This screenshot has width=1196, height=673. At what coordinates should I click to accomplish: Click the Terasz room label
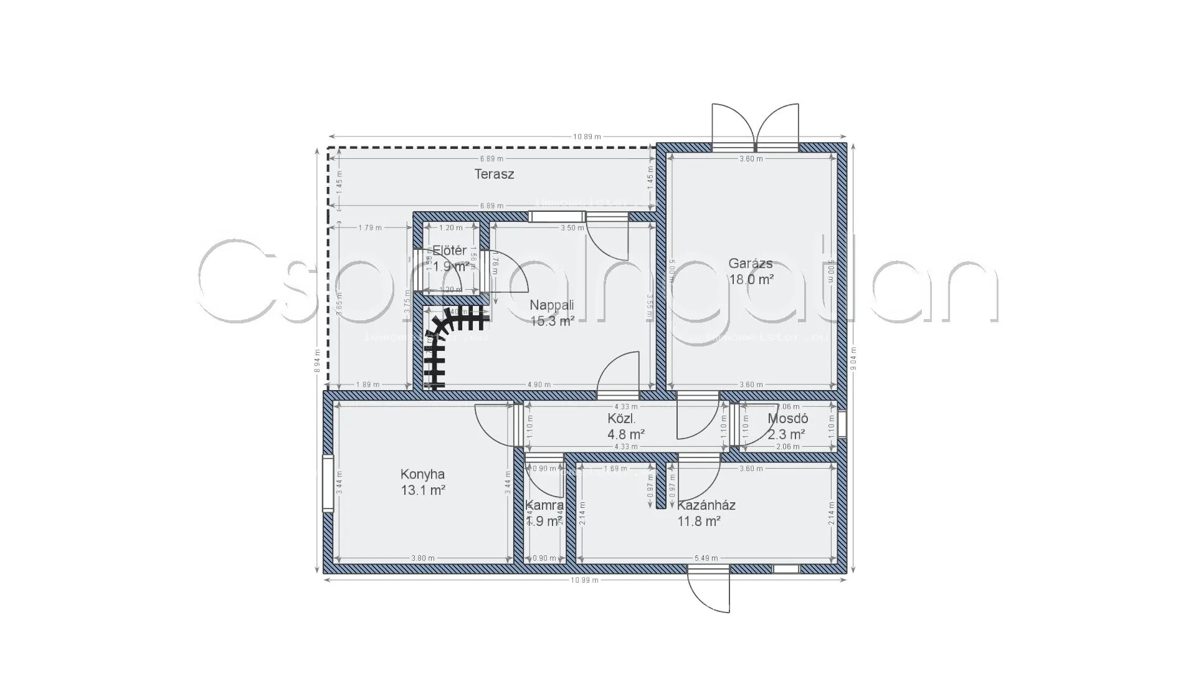coord(494,174)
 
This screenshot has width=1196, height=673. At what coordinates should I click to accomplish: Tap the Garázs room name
coord(751,264)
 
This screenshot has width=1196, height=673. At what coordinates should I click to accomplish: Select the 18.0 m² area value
coord(751,280)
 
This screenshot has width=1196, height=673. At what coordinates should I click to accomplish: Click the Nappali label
coord(551,305)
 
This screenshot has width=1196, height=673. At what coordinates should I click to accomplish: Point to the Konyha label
coord(422,475)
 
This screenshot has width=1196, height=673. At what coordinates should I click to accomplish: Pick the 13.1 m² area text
coord(422,490)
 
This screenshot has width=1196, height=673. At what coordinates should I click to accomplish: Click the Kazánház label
coord(706,505)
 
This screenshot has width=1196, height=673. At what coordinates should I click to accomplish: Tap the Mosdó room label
coord(787,419)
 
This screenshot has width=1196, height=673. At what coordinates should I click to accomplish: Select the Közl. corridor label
coord(621,419)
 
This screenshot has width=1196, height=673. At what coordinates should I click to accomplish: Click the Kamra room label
coord(544,505)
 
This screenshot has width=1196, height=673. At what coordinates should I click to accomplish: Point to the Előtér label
coord(450,251)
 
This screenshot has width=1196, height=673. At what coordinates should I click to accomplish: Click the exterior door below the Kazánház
coord(708,589)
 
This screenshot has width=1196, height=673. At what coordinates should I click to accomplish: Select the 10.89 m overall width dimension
coord(587,136)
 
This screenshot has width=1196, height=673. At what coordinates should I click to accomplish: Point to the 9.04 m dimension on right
coord(853,358)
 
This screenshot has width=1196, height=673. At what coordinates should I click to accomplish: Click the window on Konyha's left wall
coord(328,484)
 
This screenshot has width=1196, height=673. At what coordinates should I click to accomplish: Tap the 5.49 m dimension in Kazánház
coord(706,558)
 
